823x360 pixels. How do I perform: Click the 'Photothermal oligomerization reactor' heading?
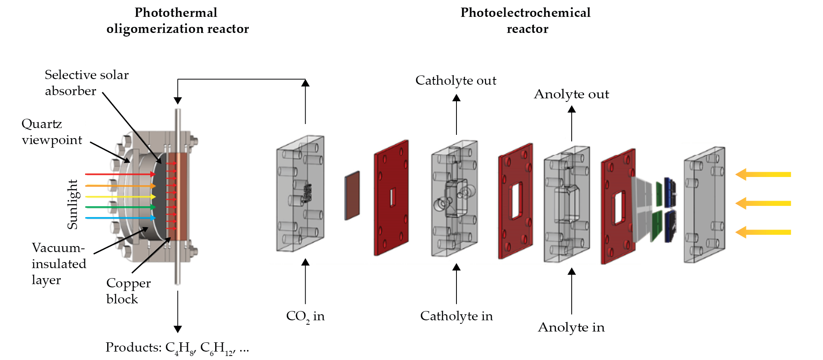[177, 20]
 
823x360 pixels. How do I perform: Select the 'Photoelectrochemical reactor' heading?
[526, 20]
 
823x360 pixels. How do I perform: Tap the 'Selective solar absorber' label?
[86, 83]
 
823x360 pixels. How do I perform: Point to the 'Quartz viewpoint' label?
[51, 132]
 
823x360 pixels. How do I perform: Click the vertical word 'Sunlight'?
[72, 204]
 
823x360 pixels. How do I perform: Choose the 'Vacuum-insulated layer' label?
[59, 264]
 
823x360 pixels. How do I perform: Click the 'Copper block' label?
[128, 291]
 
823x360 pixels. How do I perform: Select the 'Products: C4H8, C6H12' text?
[177, 348]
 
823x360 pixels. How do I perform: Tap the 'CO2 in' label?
[305, 316]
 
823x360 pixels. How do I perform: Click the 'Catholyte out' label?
[456, 80]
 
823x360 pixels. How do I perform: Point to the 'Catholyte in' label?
[456, 316]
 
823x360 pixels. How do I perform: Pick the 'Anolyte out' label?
[571, 94]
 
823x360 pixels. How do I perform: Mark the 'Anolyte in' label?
[571, 327]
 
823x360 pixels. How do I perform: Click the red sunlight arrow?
[120, 174]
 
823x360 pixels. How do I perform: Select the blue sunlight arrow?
[120, 218]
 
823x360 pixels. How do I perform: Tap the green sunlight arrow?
[120, 207]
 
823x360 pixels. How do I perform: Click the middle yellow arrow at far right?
[763, 203]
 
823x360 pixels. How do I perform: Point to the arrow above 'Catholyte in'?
[456, 283]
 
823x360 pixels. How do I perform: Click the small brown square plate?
[352, 195]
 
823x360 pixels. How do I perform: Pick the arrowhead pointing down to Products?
[178, 329]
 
